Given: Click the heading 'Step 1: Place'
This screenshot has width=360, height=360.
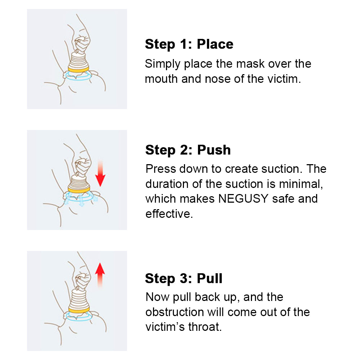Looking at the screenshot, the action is (189, 44).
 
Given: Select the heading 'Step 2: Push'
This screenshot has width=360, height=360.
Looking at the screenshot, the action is (188, 150).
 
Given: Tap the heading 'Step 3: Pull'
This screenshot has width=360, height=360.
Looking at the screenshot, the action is (184, 278).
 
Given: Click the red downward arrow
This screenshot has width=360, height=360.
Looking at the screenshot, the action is (100, 174).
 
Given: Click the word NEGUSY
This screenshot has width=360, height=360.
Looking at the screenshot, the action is (243, 199).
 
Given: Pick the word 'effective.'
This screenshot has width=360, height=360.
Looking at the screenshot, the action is (169, 214).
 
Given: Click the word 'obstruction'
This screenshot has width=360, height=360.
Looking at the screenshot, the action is (175, 312).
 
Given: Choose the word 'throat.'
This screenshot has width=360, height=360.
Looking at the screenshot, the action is (205, 327).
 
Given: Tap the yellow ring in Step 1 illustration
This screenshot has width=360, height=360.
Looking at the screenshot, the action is (78, 70).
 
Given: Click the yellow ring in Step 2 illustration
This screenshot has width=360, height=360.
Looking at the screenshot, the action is (79, 190).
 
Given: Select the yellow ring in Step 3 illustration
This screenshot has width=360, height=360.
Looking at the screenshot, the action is (79, 310).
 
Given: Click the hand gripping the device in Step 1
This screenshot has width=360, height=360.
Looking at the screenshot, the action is (81, 45).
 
